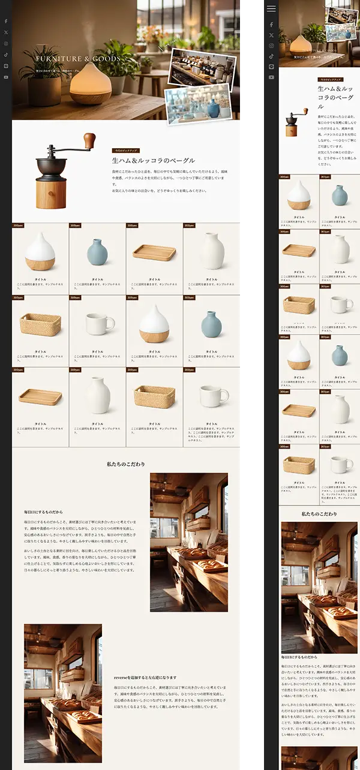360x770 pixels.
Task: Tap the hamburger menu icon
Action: [271, 8]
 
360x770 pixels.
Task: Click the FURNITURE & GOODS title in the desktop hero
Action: [78, 59]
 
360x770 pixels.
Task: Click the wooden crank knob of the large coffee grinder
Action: [89, 141]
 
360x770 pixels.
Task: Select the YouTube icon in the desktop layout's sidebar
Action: [6, 77]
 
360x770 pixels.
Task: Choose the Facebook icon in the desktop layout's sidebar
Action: [6, 22]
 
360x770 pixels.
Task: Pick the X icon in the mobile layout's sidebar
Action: [271, 35]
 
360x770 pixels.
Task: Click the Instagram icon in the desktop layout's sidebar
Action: [6, 44]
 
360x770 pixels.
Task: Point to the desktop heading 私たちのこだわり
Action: [126, 464]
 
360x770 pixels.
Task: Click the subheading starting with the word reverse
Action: [145, 678]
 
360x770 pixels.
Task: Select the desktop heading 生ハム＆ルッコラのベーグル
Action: [153, 161]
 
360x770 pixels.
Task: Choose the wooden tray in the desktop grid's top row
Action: [154, 252]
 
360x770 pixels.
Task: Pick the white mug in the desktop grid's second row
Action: [98, 324]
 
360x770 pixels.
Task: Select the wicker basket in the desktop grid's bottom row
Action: [154, 396]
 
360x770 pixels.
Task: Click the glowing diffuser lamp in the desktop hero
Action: [90, 84]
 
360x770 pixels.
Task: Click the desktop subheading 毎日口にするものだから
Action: [43, 512]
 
